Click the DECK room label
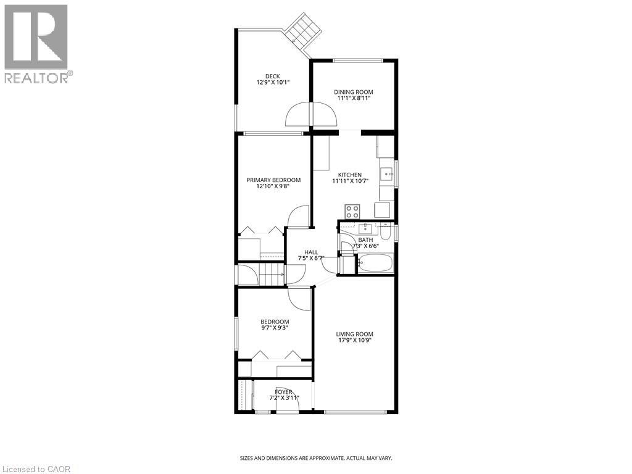pos(273,77)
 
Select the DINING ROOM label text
pos(354,92)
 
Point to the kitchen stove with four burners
pos(353,210)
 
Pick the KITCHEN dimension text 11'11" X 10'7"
pos(346,181)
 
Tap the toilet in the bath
pos(385,232)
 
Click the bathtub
pos(375,265)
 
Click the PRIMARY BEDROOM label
pos(273,180)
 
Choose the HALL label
pos(311,252)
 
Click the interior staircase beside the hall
pos(271,274)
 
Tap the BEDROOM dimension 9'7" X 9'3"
pos(275,328)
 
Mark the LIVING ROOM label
pos(355,335)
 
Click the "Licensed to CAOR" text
pos(36,469)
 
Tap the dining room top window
pos(358,59)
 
